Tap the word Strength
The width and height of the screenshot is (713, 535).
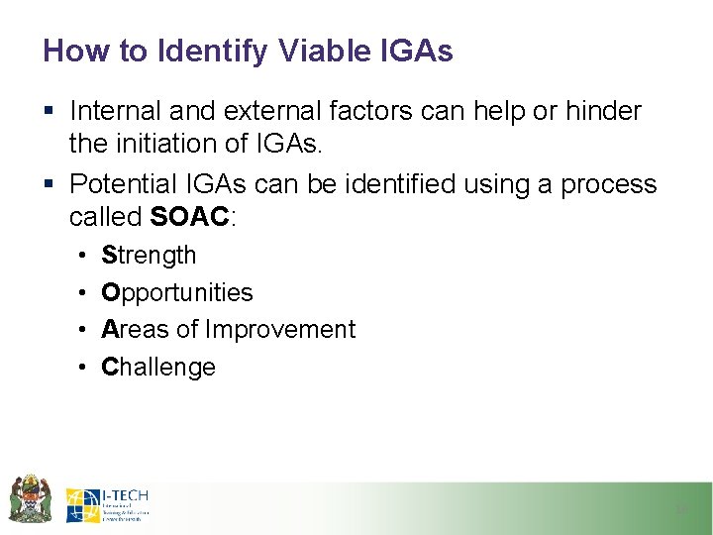tap(149, 256)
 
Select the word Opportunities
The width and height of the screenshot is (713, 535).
tap(177, 293)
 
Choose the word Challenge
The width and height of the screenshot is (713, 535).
tap(158, 367)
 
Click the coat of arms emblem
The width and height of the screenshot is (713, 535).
tap(29, 498)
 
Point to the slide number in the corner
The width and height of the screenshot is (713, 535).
tap(681, 509)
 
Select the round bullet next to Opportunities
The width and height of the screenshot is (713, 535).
tap(79, 293)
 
